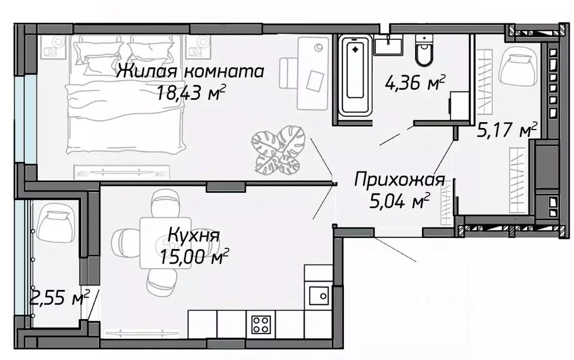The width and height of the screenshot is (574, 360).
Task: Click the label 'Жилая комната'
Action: [191, 72]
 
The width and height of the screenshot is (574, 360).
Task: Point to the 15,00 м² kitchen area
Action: [193, 258]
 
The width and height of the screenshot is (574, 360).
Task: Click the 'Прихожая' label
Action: [399, 180]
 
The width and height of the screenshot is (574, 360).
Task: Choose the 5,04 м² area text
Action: [399, 200]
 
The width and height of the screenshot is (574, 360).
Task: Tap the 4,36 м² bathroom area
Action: [415, 84]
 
